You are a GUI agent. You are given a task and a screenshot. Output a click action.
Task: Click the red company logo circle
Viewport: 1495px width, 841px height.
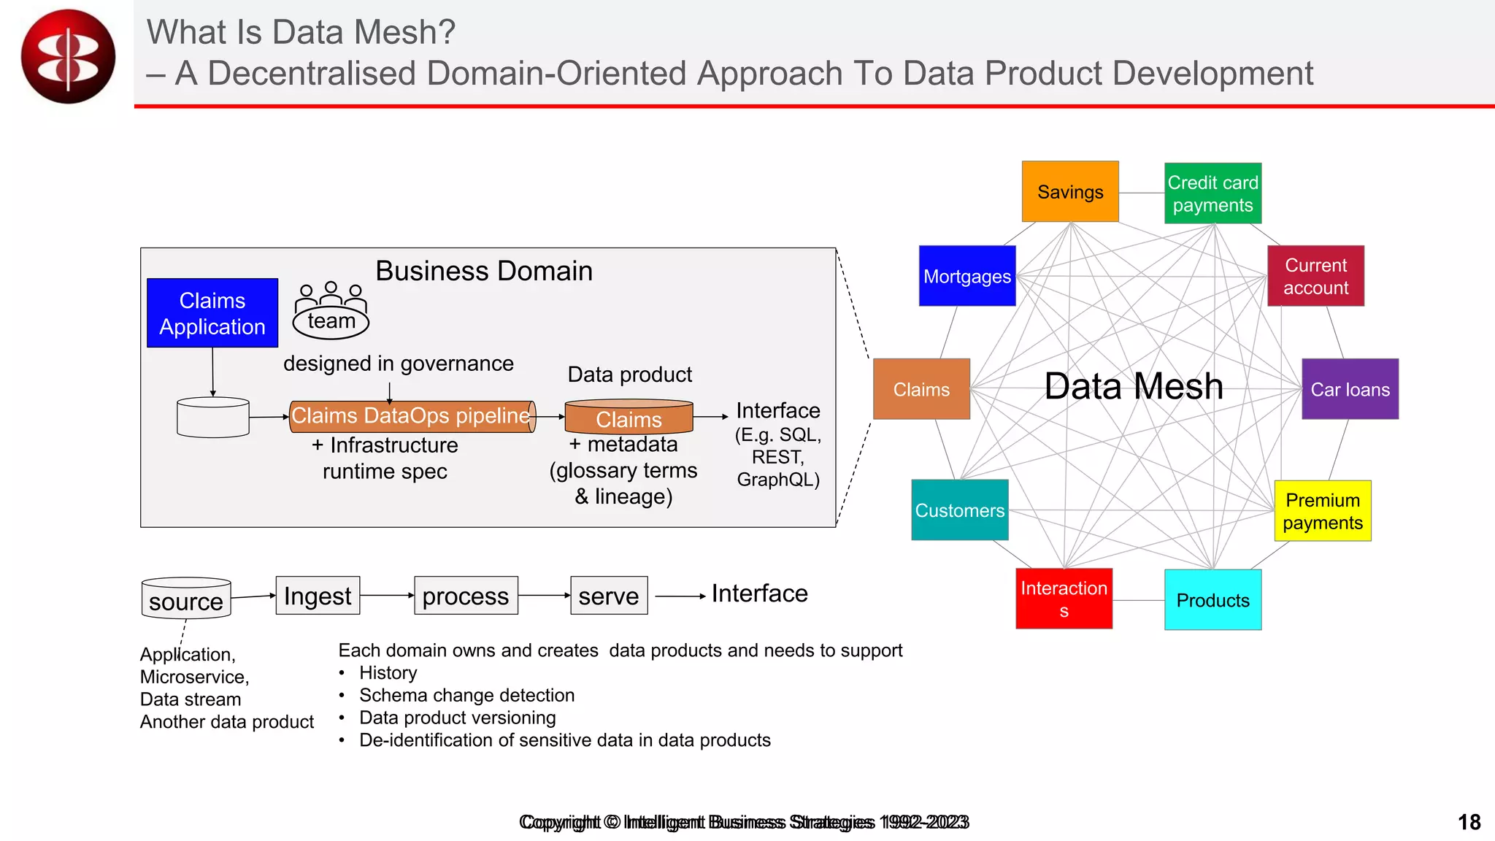coord(68,56)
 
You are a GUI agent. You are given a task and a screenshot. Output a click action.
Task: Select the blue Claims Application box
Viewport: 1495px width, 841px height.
coord(212,313)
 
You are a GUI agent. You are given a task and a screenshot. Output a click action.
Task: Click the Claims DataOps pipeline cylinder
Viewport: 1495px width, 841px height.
coord(412,417)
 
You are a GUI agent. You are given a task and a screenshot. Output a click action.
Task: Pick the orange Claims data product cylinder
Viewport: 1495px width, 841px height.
coord(629,418)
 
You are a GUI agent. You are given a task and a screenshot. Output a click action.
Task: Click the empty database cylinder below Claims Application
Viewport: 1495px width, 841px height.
coord(213,418)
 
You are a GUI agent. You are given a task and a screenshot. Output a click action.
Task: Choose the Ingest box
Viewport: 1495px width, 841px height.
coord(318,596)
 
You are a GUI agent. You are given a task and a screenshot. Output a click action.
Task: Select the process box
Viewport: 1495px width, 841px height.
coord(466,596)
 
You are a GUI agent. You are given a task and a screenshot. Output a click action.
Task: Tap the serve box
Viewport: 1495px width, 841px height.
coord(609,596)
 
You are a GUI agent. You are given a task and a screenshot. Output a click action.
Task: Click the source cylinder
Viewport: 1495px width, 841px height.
coord(186,599)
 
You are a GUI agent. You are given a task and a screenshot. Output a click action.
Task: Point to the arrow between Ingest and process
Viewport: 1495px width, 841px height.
coord(387,595)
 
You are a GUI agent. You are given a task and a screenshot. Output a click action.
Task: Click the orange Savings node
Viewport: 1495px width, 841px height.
coord(1070,192)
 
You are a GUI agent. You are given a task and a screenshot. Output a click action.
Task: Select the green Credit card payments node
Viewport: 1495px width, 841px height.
coord(1212,193)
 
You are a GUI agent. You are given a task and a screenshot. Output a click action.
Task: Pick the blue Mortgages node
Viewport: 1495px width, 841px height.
coord(967,276)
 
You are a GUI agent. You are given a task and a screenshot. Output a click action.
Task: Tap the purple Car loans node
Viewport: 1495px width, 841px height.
coord(1350,389)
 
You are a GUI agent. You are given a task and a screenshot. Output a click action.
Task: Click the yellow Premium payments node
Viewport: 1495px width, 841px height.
coord(1323,511)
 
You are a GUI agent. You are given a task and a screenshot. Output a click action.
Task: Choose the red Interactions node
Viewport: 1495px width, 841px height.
coord(1064,599)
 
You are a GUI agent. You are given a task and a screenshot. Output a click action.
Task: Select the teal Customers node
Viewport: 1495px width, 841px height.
coord(960,510)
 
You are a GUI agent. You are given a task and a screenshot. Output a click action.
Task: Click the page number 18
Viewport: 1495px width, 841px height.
coord(1469,822)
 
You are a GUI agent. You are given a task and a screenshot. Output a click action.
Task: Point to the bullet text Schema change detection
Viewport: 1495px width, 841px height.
coord(466,695)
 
